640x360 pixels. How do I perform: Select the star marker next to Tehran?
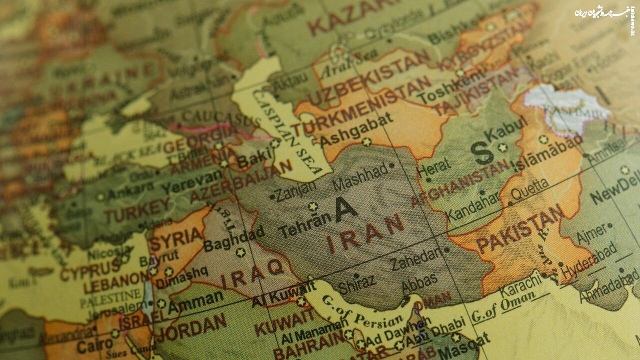point(313,206)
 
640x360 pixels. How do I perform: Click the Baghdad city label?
point(234,239)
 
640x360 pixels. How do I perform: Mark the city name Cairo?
point(95,345)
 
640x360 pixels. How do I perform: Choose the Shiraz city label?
point(356,285)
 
